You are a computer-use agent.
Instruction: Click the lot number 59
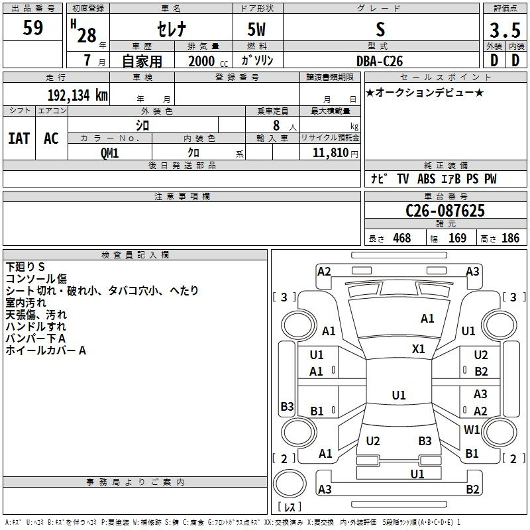pyautogui.click(x=32, y=27)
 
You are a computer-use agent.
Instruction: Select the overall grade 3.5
pyautogui.click(x=505, y=30)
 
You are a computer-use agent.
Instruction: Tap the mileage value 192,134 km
pyautogui.click(x=78, y=95)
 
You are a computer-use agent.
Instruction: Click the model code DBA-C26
pyautogui.click(x=380, y=61)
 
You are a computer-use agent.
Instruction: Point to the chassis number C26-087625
pyautogui.click(x=445, y=211)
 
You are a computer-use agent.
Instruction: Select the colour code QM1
pyautogui.click(x=109, y=153)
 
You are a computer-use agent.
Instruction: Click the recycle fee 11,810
pyautogui.click(x=330, y=152)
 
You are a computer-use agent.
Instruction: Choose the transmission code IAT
pyautogui.click(x=19, y=138)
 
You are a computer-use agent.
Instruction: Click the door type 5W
pyautogui.click(x=256, y=29)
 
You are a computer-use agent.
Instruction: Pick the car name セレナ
pyautogui.click(x=172, y=29)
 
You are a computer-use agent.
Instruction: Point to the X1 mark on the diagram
pyautogui.click(x=418, y=349)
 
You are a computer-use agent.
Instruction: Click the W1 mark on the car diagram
pyautogui.click(x=472, y=429)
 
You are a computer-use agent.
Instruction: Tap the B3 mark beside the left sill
pyautogui.click(x=287, y=406)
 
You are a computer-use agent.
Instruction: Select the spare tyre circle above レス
pyautogui.click(x=290, y=484)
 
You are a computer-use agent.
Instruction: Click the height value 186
pyautogui.click(x=510, y=238)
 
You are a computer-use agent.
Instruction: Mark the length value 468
pyautogui.click(x=402, y=238)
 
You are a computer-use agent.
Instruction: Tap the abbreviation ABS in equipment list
pyautogui.click(x=426, y=179)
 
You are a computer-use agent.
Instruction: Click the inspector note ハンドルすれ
pyautogui.click(x=36, y=327)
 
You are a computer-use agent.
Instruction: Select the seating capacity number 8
pyautogui.click(x=276, y=125)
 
